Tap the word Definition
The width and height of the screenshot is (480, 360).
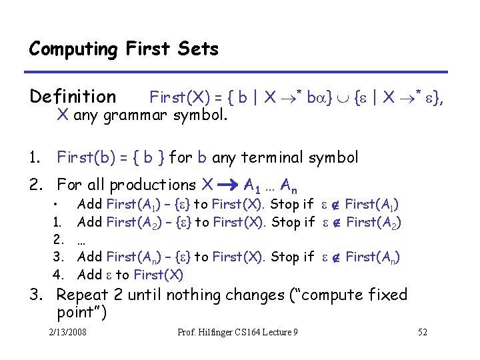pos(73,97)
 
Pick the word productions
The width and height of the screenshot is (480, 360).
pos(153,185)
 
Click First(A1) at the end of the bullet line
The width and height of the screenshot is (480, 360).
pos(372,204)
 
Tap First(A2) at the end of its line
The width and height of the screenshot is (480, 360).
pos(374,222)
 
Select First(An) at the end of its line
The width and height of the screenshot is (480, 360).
pos(373,257)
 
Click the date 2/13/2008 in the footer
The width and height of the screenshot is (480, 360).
pos(68,332)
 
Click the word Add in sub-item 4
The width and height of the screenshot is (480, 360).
pos(89,274)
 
